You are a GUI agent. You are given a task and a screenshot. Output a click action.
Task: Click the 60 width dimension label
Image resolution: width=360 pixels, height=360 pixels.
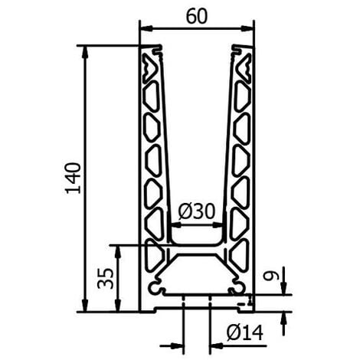point(197,16)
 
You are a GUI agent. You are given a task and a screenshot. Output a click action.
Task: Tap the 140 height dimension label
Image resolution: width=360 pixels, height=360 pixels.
point(74,178)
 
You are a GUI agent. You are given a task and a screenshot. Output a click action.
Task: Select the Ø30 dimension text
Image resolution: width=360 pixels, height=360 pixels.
point(197,211)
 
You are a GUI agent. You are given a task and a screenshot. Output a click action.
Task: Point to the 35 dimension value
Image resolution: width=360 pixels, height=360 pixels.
point(105,278)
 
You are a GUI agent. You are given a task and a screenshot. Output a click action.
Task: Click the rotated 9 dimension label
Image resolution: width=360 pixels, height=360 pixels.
point(270,277)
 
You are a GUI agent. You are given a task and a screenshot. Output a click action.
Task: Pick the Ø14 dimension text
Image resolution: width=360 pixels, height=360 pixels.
point(244,333)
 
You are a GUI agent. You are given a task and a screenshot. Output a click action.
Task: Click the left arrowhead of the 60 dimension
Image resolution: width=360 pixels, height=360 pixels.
point(146,28)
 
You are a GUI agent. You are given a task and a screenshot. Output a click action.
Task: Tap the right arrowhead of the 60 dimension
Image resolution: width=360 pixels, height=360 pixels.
point(247,28)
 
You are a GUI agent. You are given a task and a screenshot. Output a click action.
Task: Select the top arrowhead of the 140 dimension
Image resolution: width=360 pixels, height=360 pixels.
point(85,52)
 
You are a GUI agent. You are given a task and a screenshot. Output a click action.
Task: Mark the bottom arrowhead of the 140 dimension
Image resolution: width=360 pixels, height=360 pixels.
point(85,306)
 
